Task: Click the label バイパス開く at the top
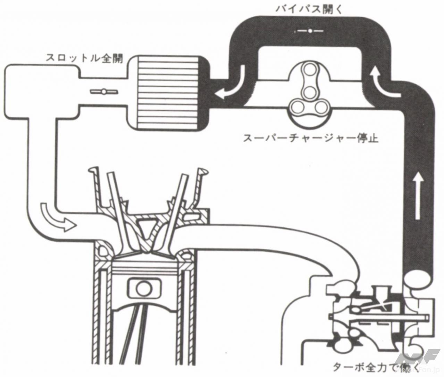309,9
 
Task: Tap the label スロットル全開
84,58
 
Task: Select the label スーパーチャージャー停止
310,139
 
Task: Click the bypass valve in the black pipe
310,31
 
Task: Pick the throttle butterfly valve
104,92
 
